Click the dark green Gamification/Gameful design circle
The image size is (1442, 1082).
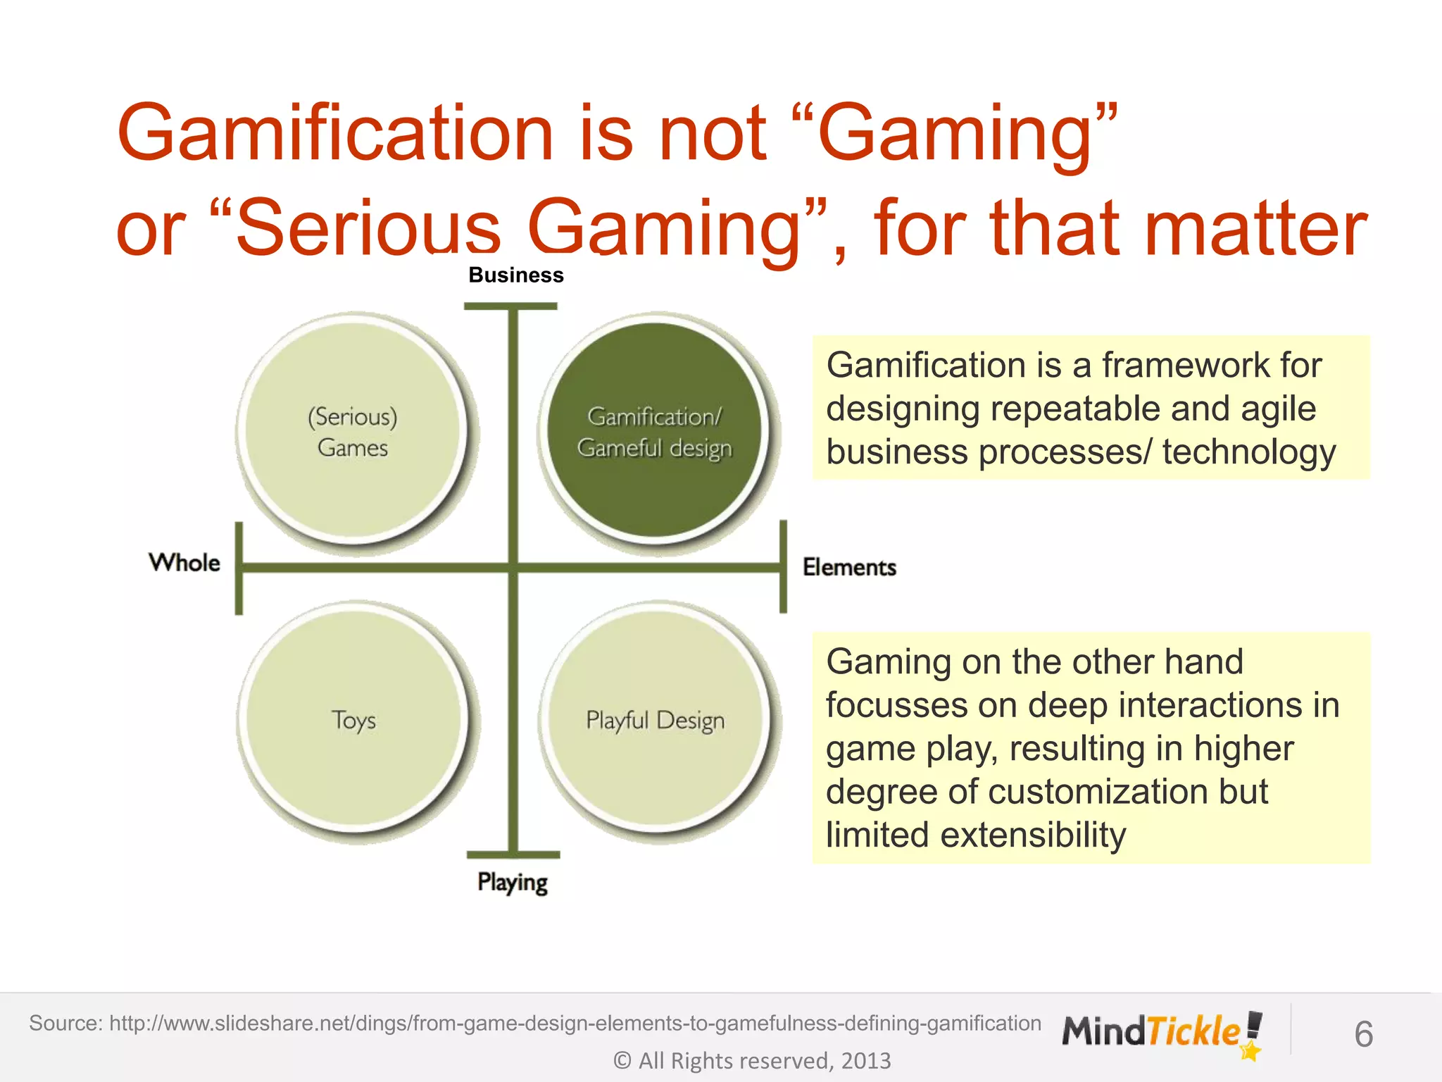point(655,431)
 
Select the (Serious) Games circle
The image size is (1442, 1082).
point(352,431)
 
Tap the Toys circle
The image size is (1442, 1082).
point(353,720)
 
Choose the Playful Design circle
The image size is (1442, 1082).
point(656,720)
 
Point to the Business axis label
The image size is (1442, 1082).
point(516,275)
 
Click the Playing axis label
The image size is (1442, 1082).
point(513,882)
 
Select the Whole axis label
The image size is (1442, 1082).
point(184,563)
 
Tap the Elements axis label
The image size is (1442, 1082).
point(849,567)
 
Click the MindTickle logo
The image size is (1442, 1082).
point(1162,1033)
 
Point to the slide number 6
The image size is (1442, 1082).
point(1363,1035)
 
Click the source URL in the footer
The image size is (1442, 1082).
point(575,1023)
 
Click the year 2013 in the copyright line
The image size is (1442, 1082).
point(865,1061)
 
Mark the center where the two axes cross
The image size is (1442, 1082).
point(513,567)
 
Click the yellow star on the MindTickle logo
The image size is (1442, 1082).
point(1250,1052)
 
